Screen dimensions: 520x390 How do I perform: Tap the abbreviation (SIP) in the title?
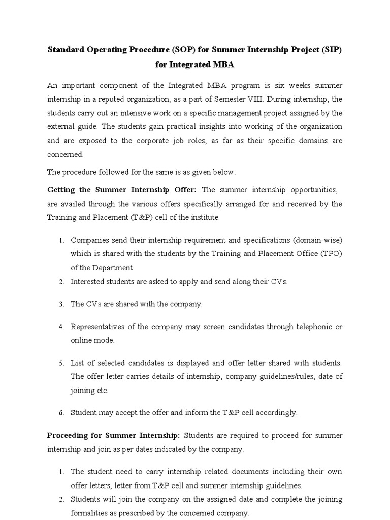pos(331,50)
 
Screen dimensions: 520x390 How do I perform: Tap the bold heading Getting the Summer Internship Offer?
pos(123,189)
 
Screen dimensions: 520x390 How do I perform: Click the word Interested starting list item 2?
pos(89,281)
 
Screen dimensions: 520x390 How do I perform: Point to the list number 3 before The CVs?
pos(60,304)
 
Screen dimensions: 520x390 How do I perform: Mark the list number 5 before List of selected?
pos(60,363)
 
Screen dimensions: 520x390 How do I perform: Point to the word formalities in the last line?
pos(89,513)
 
